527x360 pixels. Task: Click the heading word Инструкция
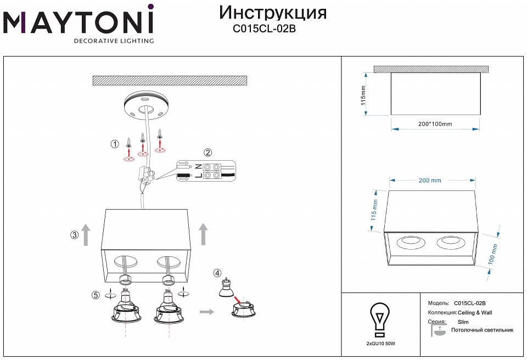272,13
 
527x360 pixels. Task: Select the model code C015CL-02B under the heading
265,30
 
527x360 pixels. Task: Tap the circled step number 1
115,144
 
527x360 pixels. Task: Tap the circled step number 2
208,153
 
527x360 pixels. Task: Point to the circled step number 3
74,235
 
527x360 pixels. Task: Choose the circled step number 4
217,273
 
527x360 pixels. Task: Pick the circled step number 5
96,295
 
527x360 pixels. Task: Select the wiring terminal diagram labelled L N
206,171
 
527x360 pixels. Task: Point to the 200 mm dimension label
430,180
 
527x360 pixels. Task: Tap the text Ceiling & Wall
473,312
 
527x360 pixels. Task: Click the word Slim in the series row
463,322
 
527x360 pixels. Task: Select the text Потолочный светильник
481,330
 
